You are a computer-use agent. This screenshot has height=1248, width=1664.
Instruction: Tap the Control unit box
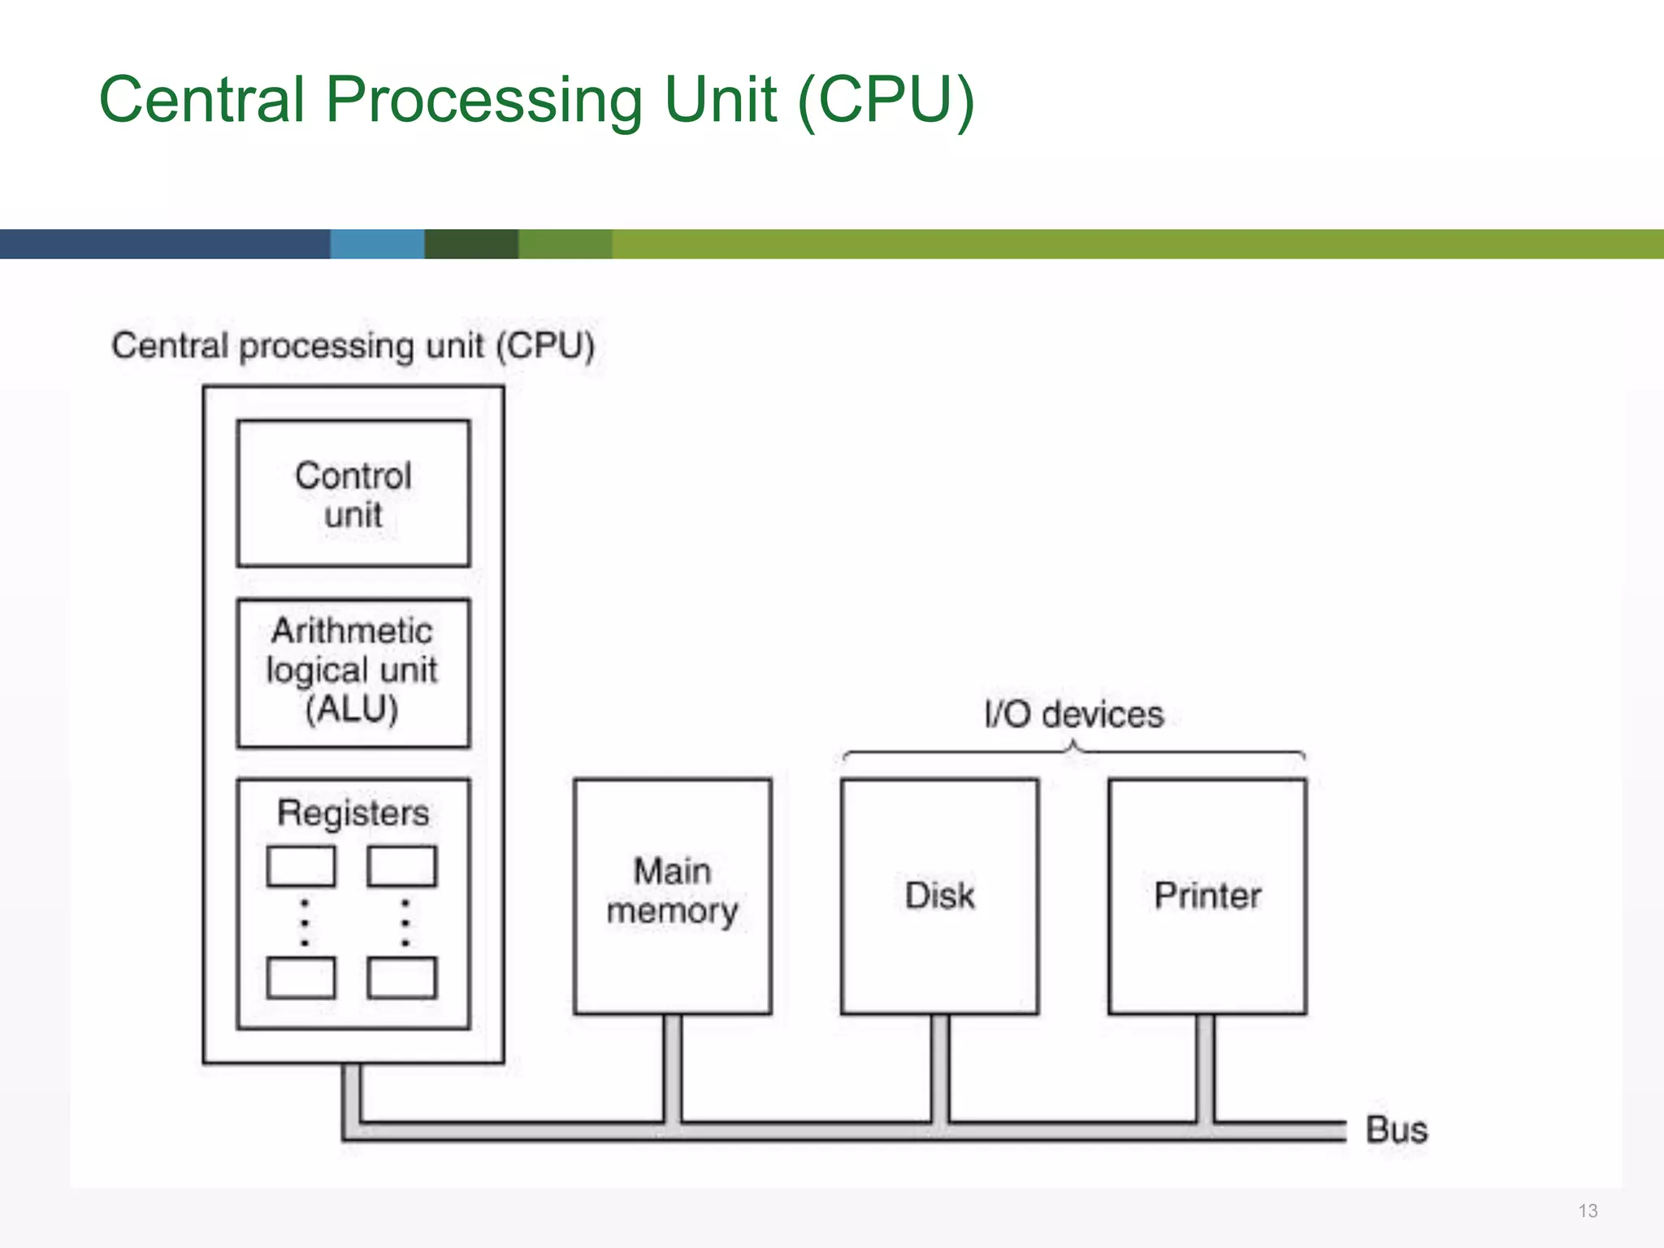[x=353, y=493]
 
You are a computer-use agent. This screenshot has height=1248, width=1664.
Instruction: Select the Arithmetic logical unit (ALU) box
[x=353, y=672]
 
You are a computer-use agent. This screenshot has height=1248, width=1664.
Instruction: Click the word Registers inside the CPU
[x=353, y=813]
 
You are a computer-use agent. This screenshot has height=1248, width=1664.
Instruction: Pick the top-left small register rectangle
[x=301, y=866]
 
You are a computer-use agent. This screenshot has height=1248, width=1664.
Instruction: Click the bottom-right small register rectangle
[x=401, y=977]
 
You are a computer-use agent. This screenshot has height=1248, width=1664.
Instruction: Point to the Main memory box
[x=672, y=895]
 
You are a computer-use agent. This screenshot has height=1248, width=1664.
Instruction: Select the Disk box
[x=939, y=895]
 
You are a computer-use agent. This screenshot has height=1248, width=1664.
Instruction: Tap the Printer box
[x=1207, y=895]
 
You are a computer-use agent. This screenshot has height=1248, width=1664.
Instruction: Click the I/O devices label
[x=1073, y=715]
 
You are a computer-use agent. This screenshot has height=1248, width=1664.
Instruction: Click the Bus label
[x=1396, y=1130]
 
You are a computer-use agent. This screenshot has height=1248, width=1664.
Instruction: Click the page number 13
[x=1588, y=1211]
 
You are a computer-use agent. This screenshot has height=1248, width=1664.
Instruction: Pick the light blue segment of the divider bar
[x=377, y=244]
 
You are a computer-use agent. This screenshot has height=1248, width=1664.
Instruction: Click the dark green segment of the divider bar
[x=471, y=244]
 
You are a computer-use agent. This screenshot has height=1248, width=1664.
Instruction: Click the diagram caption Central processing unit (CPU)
[x=353, y=346]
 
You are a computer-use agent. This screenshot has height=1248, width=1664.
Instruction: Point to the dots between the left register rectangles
[x=305, y=922]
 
